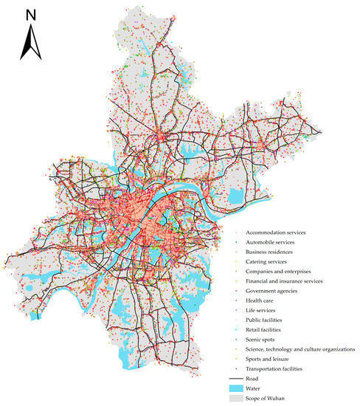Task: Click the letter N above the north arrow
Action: (30, 14)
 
